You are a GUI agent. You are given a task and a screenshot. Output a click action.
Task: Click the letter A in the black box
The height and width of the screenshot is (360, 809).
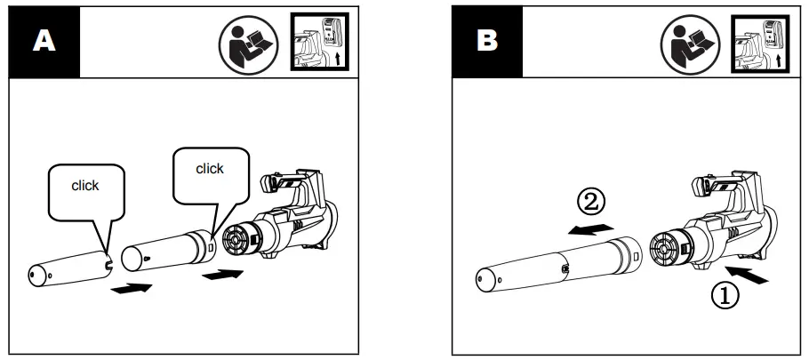point(44,41)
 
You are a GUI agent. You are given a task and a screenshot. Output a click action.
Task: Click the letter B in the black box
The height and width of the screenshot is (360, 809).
point(487,40)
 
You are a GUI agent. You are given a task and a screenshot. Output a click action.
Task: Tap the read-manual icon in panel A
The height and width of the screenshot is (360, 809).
point(249,44)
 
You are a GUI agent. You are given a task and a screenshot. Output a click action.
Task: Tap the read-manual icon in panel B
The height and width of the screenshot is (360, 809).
point(691,44)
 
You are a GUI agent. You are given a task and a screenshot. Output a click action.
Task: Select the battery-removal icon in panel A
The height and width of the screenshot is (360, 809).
point(319,42)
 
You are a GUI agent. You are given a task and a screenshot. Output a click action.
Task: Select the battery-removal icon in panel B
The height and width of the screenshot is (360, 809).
point(760,44)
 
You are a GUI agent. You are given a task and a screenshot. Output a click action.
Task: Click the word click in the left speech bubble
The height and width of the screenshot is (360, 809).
point(85,186)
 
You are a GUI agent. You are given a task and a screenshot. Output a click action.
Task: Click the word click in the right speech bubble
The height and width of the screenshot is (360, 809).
point(210,169)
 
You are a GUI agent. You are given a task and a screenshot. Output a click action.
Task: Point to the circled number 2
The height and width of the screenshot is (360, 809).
point(590,203)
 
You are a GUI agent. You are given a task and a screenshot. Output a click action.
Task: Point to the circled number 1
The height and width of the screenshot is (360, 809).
point(725,295)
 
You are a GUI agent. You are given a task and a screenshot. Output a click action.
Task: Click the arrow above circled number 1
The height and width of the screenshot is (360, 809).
point(747,275)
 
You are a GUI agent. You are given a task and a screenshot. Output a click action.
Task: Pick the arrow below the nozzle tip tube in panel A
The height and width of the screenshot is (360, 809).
point(132,288)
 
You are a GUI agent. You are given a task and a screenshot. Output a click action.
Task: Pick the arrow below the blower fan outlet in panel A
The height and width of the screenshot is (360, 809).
point(222,275)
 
